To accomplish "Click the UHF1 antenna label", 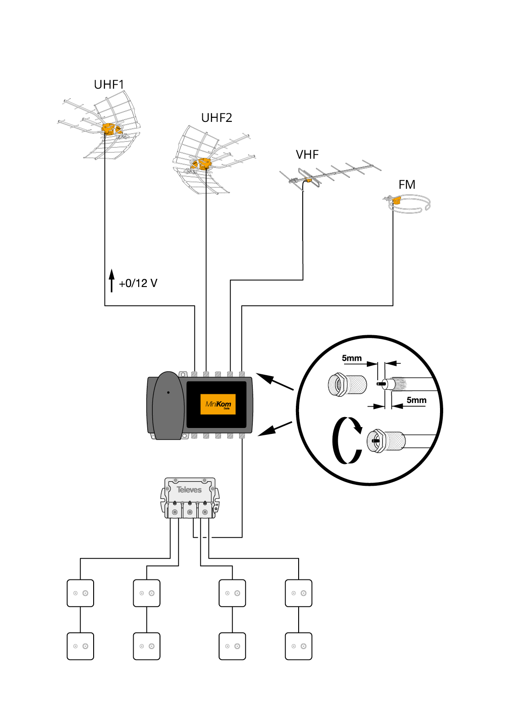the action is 109,85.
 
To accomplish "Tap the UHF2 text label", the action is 216,118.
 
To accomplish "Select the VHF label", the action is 307,155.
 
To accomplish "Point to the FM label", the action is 407,185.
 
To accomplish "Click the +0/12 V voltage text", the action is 138,283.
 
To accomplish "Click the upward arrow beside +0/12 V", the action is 111,281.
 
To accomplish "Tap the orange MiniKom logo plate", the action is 218,404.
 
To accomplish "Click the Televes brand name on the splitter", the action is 189,490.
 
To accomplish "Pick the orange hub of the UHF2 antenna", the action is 204,163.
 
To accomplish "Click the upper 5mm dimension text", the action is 351,358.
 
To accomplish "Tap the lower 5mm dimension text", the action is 416,400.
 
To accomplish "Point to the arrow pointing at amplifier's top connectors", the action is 275,382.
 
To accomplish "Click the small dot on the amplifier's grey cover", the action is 168,392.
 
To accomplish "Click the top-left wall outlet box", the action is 80,593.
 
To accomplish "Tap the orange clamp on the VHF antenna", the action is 309,180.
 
